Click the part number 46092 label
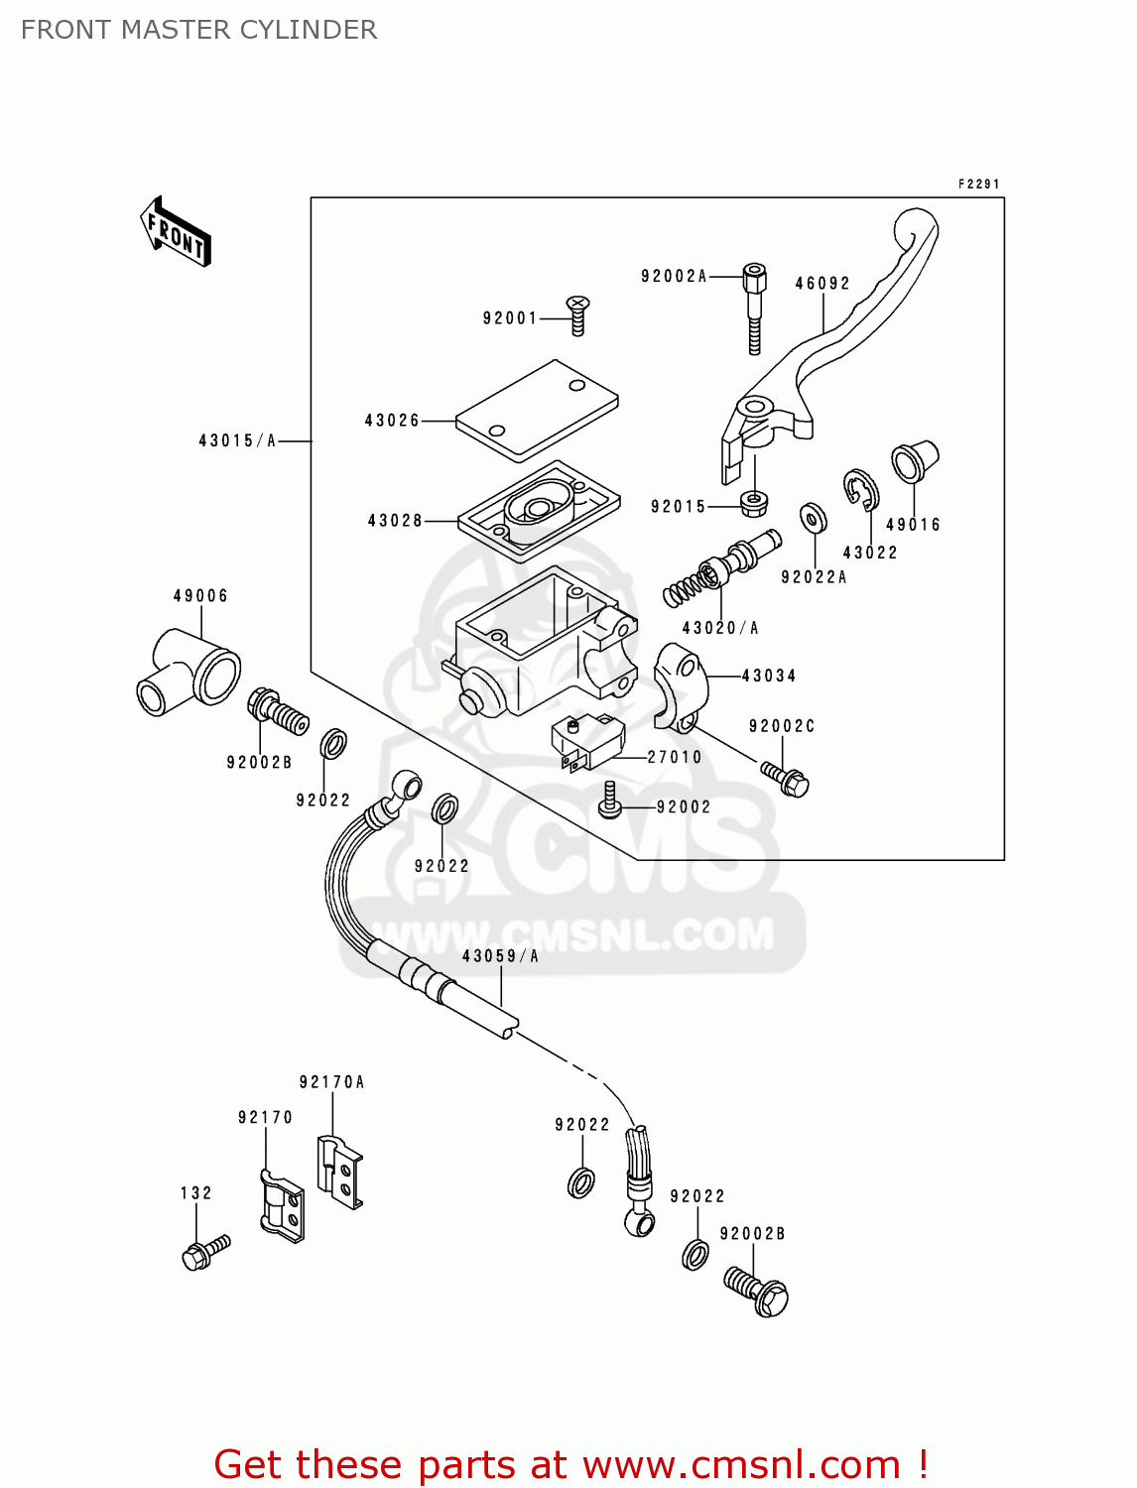[822, 284]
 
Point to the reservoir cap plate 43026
[537, 411]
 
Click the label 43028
[395, 521]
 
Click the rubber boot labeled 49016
[914, 461]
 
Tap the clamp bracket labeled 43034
[681, 684]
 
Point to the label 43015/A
[237, 440]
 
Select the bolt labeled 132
[204, 1253]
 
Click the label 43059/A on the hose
[500, 956]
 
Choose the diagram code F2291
[978, 185]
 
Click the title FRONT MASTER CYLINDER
[198, 30]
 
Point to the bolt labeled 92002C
[786, 779]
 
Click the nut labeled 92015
[754, 503]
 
